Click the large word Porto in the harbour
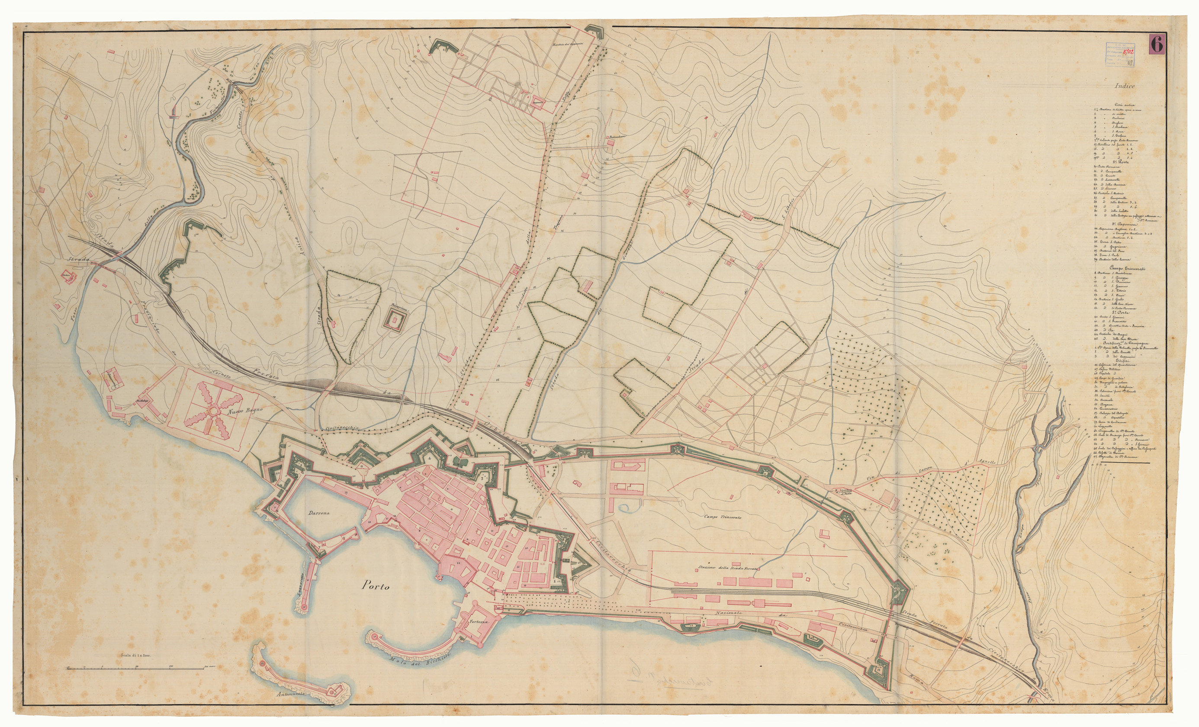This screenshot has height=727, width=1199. (x=375, y=586)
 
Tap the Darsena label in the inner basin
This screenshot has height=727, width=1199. (x=319, y=513)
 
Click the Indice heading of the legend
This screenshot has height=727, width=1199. (x=1125, y=86)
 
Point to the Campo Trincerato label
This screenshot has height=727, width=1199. (x=722, y=517)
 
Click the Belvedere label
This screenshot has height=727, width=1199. (x=614, y=137)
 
